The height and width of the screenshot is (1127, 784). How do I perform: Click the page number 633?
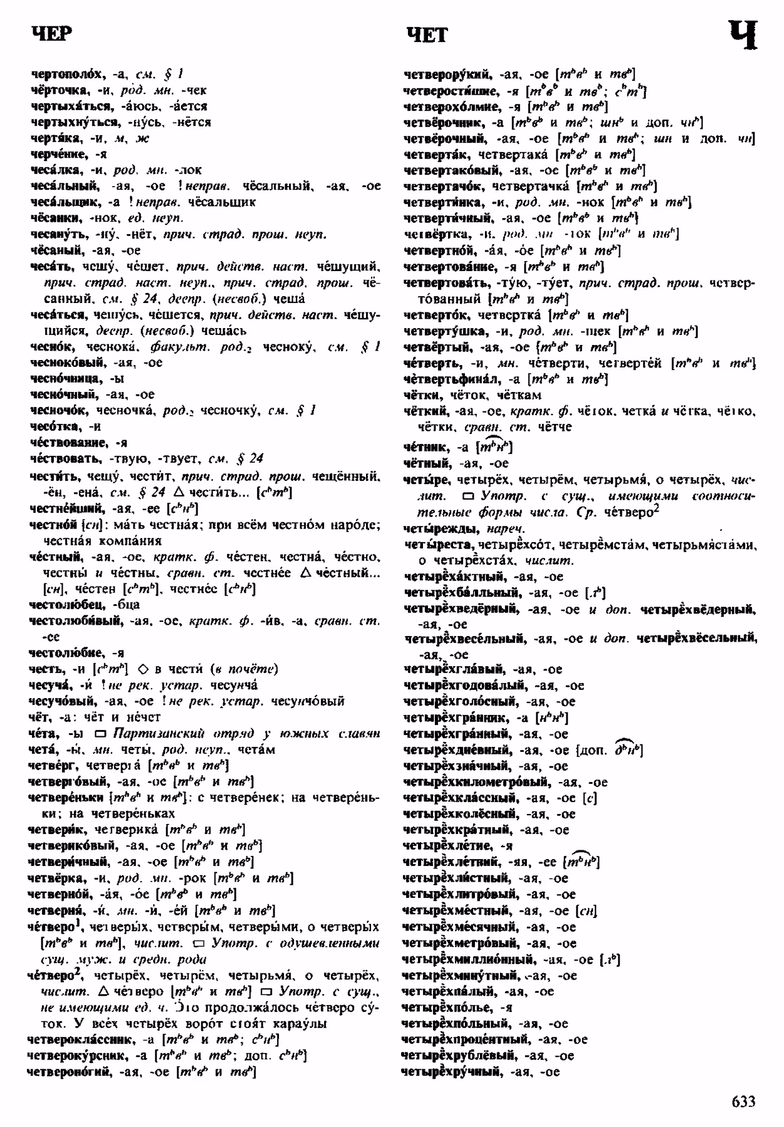coord(743,1102)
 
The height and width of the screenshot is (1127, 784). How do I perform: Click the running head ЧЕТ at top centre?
coord(427,34)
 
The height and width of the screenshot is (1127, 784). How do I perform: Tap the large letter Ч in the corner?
coord(743,34)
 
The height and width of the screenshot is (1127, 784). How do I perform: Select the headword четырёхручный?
coord(453,1072)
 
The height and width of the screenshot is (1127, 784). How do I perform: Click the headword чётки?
coord(421,395)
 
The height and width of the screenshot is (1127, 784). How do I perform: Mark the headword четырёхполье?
coord(450,1007)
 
